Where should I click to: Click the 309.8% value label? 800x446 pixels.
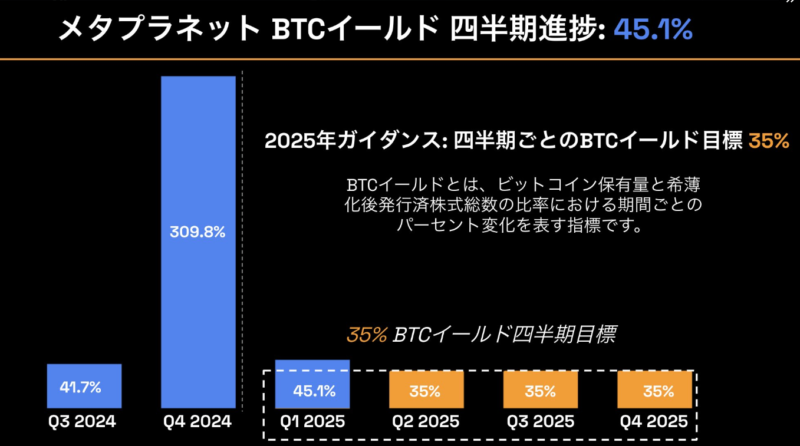coord(197,232)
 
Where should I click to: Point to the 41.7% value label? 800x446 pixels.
coord(80,387)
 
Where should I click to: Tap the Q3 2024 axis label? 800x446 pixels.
coord(82,422)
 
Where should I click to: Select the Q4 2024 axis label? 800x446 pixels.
coord(197,422)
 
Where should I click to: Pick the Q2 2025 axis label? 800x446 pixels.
coord(426,422)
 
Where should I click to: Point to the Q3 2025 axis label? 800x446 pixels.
coord(540,422)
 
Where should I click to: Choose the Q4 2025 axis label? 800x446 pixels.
coord(654,422)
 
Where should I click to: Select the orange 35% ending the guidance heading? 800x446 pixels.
coord(768,141)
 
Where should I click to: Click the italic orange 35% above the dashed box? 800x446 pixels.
coord(366,335)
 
